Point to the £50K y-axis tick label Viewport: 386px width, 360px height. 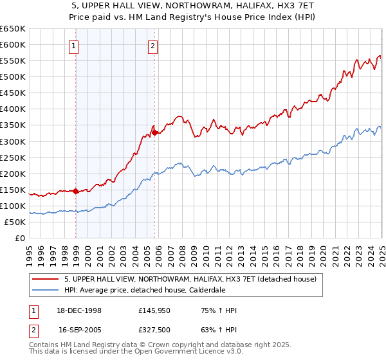14,222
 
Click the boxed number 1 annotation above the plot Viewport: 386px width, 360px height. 75,46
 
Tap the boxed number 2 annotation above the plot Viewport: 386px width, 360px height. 153,46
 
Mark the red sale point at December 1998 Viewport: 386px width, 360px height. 76,191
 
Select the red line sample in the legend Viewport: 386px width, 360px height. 46,279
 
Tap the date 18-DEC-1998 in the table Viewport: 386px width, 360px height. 80,310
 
